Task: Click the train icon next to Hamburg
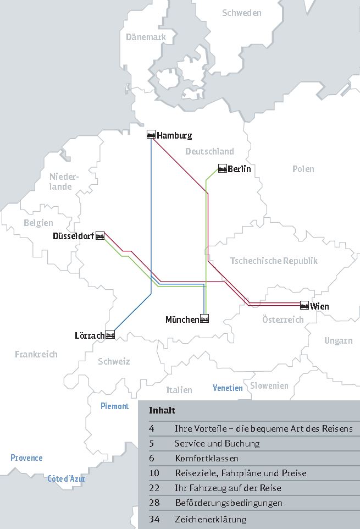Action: click(151, 135)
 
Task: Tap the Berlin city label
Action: click(239, 169)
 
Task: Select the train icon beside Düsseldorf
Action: click(100, 236)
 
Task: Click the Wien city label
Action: click(319, 306)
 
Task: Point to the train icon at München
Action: click(204, 319)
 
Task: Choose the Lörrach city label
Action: click(89, 335)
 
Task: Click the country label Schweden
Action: click(241, 13)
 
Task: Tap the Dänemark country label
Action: click(146, 37)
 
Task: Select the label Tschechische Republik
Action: click(274, 261)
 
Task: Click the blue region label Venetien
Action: click(228, 388)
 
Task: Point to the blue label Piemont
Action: click(114, 406)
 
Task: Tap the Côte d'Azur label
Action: click(66, 479)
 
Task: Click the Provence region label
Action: click(26, 458)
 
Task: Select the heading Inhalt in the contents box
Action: click(162, 411)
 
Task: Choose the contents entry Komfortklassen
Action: click(207, 458)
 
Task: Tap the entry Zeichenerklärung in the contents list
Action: click(211, 519)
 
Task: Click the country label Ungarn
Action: click(338, 341)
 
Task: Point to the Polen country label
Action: click(303, 169)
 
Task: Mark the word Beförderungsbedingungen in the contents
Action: click(228, 503)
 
